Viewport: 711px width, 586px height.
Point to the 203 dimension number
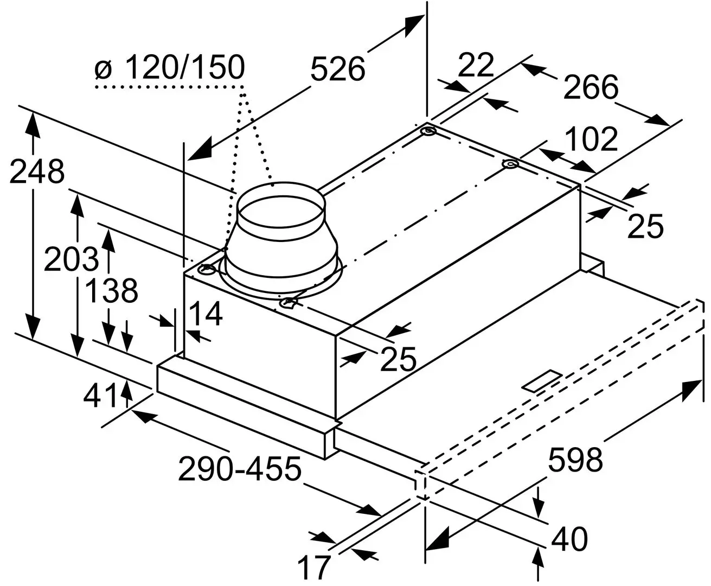pyautogui.click(x=71, y=260)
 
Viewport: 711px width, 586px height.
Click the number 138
pyautogui.click(x=112, y=291)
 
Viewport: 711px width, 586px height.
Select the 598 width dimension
pyautogui.click(x=575, y=459)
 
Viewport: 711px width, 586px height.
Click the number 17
pyautogui.click(x=314, y=567)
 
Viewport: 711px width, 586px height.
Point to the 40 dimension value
pyautogui.click(x=569, y=539)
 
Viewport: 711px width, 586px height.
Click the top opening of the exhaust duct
pyautogui.click(x=280, y=209)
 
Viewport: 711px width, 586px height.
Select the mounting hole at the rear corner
pyautogui.click(x=428, y=132)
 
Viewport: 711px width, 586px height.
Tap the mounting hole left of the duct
pyautogui.click(x=206, y=269)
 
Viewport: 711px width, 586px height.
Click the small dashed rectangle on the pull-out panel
pyautogui.click(x=543, y=381)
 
